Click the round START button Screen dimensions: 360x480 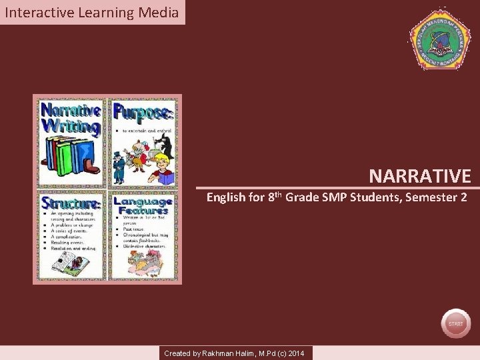click(455, 323)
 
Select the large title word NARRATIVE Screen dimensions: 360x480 click(420, 176)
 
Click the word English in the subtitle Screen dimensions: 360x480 click(227, 198)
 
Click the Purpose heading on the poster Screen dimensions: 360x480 click(143, 111)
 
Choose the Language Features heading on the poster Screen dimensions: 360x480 click(143, 205)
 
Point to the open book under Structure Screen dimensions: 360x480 click(67, 261)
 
